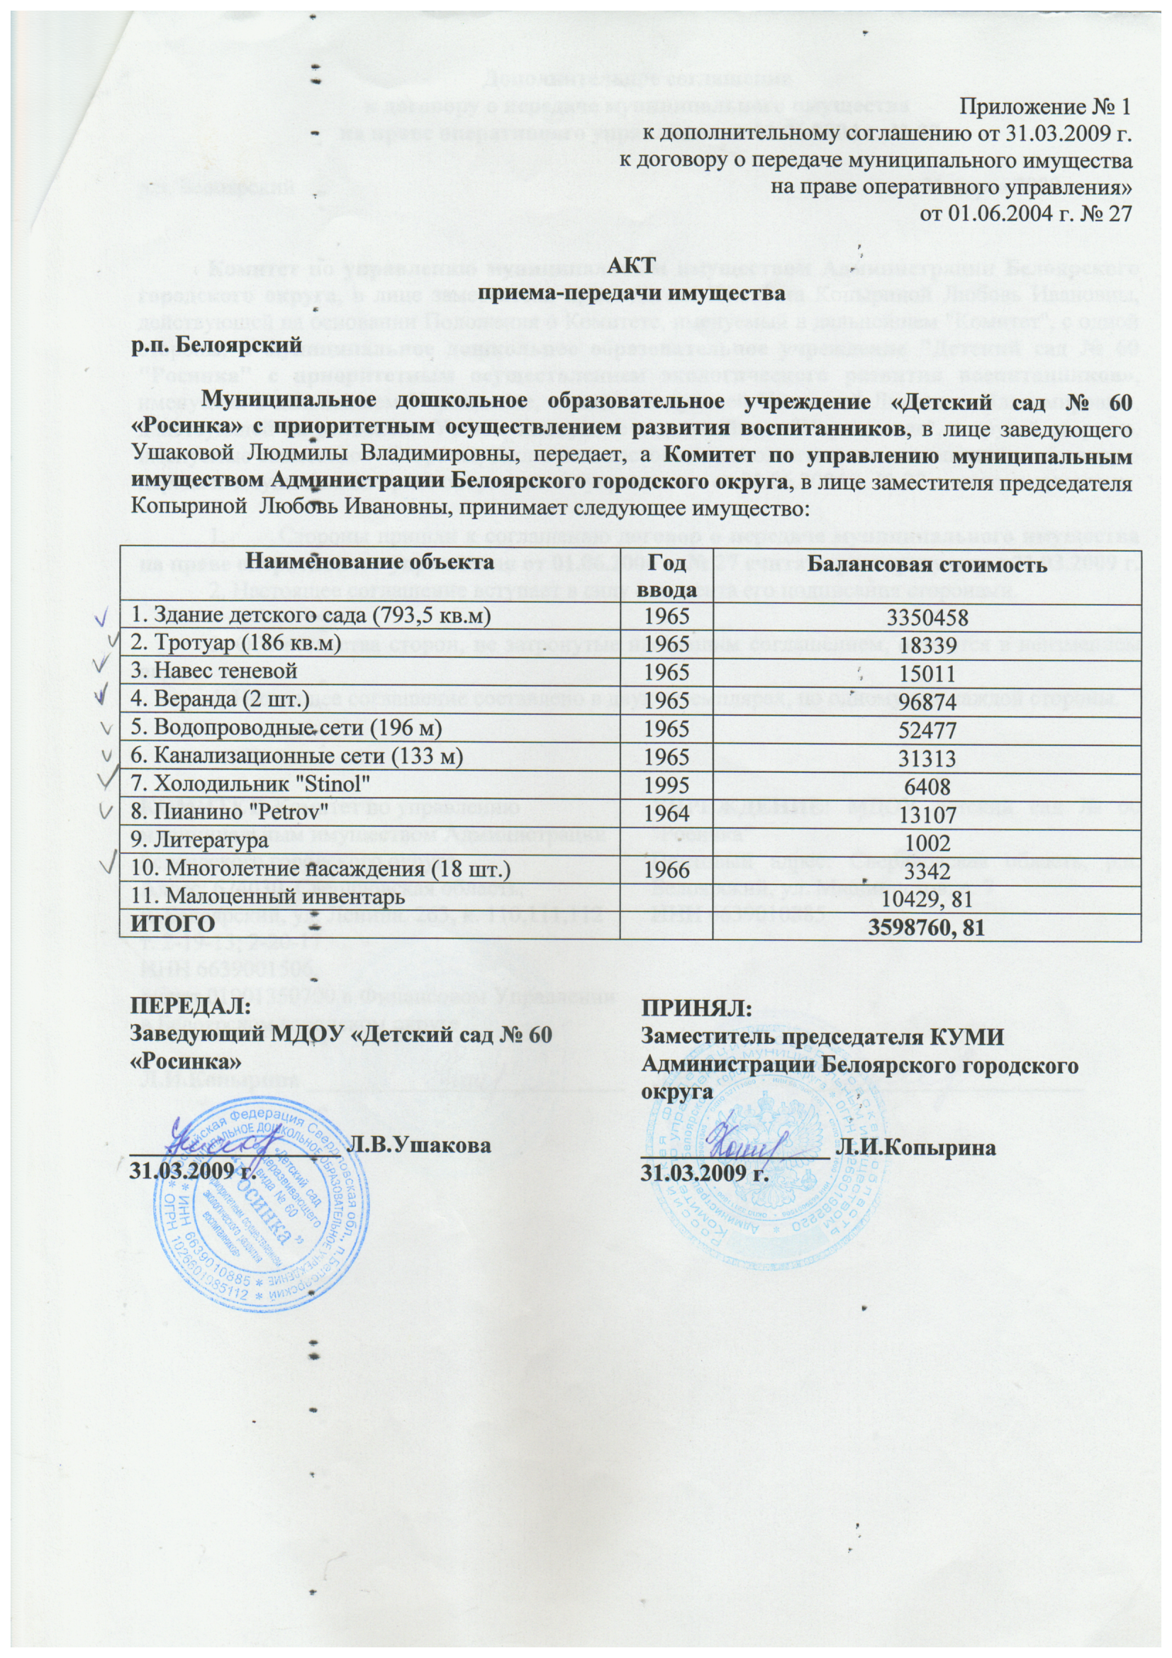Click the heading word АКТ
tap(631, 265)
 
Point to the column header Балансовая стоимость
tap(927, 564)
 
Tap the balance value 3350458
tap(927, 618)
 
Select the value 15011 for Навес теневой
tap(927, 674)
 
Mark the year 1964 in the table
tap(667, 814)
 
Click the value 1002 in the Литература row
tap(927, 842)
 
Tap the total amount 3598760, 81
tap(927, 927)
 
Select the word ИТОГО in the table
tap(172, 925)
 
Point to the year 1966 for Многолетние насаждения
tap(667, 870)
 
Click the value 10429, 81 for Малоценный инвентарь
tap(927, 898)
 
